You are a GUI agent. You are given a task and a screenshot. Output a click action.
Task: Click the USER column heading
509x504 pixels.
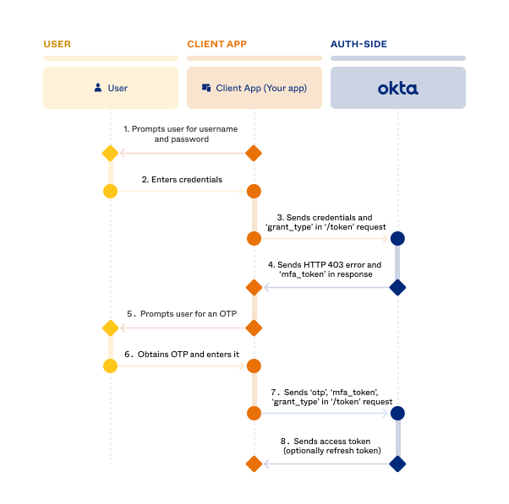pyautogui.click(x=57, y=44)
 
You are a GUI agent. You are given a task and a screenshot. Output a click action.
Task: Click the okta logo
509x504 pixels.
pyautogui.click(x=397, y=88)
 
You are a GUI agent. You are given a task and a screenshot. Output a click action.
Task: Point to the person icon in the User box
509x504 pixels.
pyautogui.click(x=99, y=88)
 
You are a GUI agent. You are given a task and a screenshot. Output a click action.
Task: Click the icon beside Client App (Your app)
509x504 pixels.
pyautogui.click(x=205, y=88)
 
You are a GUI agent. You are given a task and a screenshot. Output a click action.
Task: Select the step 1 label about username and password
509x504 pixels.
pyautogui.click(x=180, y=134)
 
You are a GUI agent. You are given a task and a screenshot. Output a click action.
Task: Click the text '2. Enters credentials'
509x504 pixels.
pyautogui.click(x=182, y=180)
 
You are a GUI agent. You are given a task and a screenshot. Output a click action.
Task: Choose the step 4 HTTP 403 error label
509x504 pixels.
pyautogui.click(x=325, y=270)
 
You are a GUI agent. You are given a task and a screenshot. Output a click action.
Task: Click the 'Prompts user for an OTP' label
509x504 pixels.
pyautogui.click(x=181, y=314)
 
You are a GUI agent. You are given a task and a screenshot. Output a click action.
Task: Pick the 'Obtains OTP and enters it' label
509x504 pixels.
pyautogui.click(x=181, y=355)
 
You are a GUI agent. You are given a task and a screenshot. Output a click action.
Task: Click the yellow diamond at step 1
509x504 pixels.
pyautogui.click(x=109, y=154)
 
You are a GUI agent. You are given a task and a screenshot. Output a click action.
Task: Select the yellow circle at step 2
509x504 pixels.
pyautogui.click(x=109, y=191)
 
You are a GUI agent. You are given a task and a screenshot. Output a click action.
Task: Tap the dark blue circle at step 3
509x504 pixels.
pyautogui.click(x=397, y=239)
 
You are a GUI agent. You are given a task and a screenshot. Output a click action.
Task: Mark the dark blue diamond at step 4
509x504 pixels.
pyautogui.click(x=397, y=288)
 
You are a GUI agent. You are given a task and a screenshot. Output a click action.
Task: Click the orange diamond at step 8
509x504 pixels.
pyautogui.click(x=253, y=463)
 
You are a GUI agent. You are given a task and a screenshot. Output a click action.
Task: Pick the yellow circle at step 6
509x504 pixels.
pyautogui.click(x=109, y=365)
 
